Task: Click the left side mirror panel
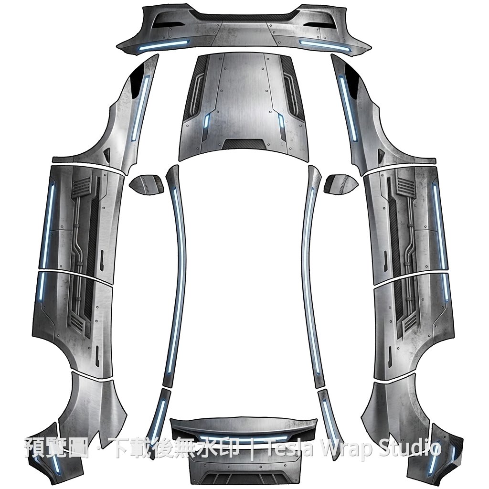pos(146,185)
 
